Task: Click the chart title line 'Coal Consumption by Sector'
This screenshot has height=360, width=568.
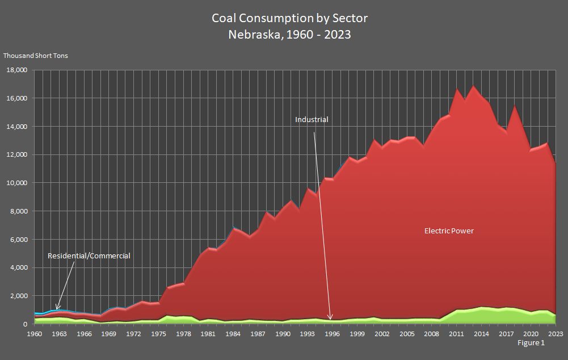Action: coord(289,18)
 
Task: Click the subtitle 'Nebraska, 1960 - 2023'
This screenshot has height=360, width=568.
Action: coord(289,35)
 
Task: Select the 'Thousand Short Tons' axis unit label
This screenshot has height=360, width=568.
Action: coord(36,56)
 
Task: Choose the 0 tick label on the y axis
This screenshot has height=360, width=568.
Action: coord(24,324)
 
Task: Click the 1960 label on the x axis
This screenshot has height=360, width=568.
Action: coord(35,334)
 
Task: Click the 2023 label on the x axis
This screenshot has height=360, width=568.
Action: coord(555,334)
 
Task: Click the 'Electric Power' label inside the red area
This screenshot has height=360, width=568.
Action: coord(449,231)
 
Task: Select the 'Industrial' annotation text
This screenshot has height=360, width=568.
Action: coord(312,120)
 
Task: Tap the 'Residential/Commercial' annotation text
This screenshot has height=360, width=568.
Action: coord(89,256)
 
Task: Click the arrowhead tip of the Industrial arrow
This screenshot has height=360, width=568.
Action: coord(331,320)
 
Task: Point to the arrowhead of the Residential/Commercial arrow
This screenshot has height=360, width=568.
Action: coord(57,309)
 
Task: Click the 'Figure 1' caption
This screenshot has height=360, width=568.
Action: coord(531,343)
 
